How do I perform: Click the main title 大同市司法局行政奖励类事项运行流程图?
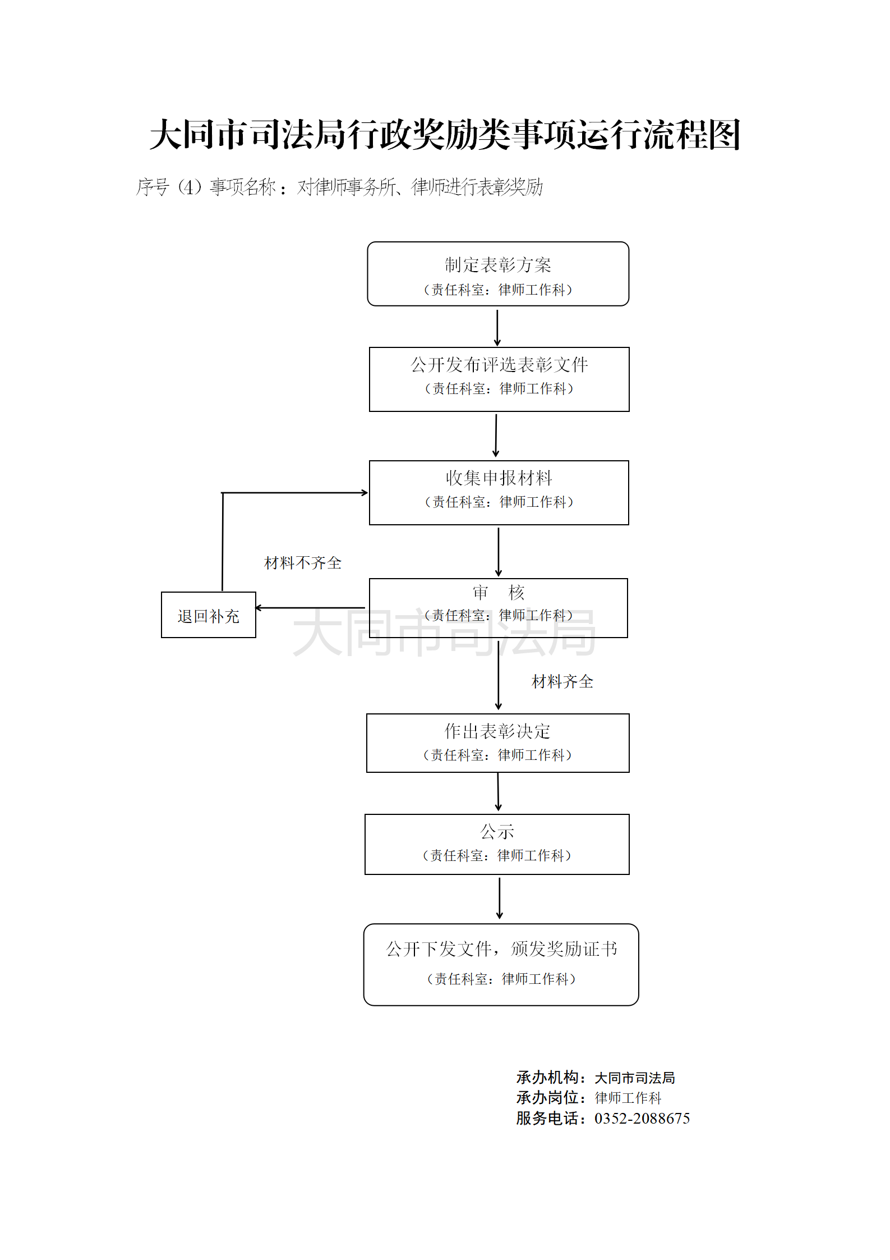(445, 135)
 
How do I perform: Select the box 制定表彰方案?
(498, 274)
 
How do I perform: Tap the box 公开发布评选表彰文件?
(499, 379)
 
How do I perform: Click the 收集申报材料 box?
(499, 492)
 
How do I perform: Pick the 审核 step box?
(498, 607)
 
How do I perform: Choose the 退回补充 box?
(208, 615)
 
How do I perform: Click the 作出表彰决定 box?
(497, 743)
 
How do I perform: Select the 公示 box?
(497, 844)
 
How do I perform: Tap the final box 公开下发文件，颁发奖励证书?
(501, 964)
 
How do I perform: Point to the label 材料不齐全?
(303, 562)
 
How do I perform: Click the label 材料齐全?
(562, 681)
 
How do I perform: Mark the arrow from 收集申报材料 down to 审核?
(499, 551)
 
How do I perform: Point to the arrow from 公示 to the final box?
(499, 898)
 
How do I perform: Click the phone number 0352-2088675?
(642, 1118)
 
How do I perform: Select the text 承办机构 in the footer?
(547, 1077)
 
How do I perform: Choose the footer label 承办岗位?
(547, 1097)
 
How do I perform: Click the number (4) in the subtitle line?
(190, 186)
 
